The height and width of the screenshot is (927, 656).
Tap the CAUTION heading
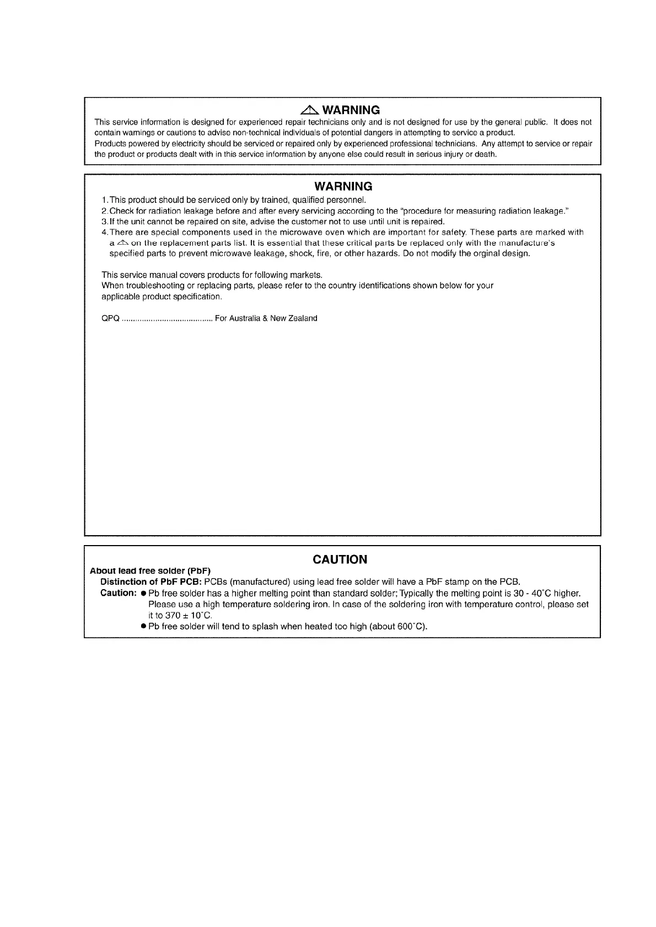(340, 559)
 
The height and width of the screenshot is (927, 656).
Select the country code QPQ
(111, 319)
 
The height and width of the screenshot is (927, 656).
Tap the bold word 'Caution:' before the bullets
(119, 593)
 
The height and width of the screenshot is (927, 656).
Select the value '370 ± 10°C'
(188, 616)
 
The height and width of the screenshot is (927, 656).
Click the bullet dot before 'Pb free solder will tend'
(143, 627)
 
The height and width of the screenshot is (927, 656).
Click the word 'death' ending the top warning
(485, 154)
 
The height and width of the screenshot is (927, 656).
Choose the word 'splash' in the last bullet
(265, 627)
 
